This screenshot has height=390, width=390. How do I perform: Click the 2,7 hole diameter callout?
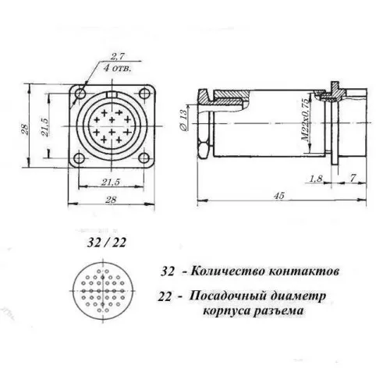[118, 57]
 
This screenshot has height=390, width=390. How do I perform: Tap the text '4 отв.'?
[118, 69]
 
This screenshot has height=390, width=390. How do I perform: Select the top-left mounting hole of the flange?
[80, 93]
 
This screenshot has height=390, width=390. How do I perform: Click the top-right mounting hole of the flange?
[144, 94]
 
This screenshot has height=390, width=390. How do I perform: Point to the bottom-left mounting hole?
[79, 158]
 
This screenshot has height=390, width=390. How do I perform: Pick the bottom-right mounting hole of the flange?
[144, 158]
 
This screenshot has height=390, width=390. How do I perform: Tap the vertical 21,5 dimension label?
[44, 127]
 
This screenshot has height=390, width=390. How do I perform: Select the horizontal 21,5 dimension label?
[111, 182]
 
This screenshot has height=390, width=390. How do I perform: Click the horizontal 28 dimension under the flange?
[111, 200]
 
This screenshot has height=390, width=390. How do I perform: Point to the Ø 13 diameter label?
[183, 120]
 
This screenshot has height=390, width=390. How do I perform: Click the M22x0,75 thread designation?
[306, 120]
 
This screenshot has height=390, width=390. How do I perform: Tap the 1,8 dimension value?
[316, 179]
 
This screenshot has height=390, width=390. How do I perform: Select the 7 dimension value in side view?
[353, 178]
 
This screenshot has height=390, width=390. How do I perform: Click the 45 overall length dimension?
[279, 195]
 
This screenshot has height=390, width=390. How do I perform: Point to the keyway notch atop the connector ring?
[112, 94]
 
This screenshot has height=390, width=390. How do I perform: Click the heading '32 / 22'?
[107, 243]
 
